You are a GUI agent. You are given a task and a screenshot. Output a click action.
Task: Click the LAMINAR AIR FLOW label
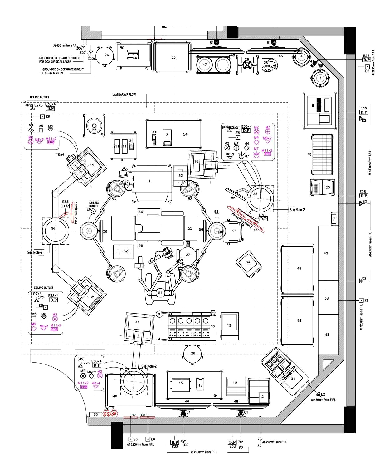pyautogui.click(x=124, y=94)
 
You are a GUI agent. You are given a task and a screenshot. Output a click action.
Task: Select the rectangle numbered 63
pyautogui.click(x=173, y=57)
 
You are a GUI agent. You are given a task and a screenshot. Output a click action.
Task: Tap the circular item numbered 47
pyautogui.click(x=205, y=65)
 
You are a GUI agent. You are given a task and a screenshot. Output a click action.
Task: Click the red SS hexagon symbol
pyautogui.click(x=106, y=414)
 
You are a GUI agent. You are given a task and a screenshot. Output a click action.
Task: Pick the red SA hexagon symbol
pyautogui.click(x=114, y=414)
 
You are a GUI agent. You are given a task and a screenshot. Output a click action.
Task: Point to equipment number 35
pyautogui.click(x=248, y=264)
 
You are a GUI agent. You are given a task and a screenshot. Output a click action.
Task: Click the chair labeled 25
pyautogui.click(x=233, y=231)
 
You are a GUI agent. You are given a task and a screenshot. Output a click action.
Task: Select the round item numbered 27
pyautogui.click(x=188, y=255)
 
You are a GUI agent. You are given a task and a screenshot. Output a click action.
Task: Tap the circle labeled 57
pyautogui.click(x=160, y=293)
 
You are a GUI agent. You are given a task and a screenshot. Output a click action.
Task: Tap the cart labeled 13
pyautogui.click(x=229, y=326)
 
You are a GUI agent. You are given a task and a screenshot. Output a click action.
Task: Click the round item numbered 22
pyautogui.click(x=94, y=126)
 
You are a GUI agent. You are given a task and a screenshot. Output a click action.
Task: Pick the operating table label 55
pyautogui.click(x=190, y=228)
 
